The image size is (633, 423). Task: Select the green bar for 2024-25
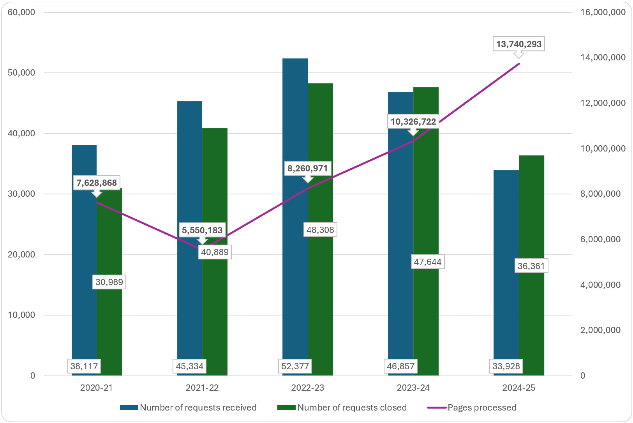(x=531, y=312)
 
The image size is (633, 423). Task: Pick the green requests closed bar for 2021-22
(x=215, y=312)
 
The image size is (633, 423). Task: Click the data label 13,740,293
(x=518, y=44)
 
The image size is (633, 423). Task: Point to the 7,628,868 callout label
(x=97, y=183)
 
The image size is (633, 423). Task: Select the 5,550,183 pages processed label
(x=202, y=230)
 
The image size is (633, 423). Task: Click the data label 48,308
(x=320, y=230)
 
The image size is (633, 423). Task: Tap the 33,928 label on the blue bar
(x=506, y=366)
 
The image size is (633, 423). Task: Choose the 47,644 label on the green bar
(x=428, y=262)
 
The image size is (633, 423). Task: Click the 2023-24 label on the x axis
(x=413, y=388)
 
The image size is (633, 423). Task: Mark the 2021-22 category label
(x=202, y=388)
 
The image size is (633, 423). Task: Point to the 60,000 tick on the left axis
(x=21, y=12)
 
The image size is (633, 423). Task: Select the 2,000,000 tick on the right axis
(x=600, y=330)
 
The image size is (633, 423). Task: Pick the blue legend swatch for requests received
(x=129, y=407)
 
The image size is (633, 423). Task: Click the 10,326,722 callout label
(x=413, y=122)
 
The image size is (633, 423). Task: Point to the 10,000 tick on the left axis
(x=21, y=315)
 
